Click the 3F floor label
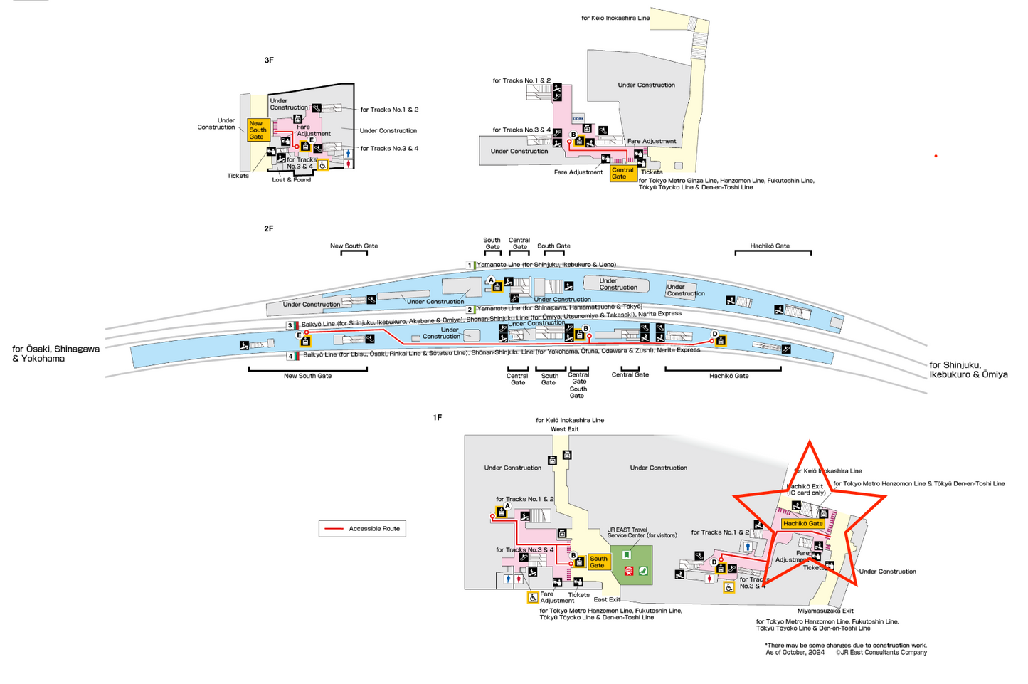point(269,60)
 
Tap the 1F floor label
point(438,417)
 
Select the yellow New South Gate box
point(257,130)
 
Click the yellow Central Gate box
point(622,173)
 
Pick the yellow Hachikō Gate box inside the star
point(802,523)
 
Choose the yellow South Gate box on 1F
point(598,562)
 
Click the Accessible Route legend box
point(362,528)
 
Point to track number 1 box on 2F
point(470,265)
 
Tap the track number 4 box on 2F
point(290,356)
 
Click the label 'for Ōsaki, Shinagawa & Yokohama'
point(55,354)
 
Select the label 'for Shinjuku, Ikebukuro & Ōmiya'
point(968,369)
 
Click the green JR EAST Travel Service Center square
point(631,565)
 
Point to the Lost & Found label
point(292,180)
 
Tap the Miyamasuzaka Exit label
point(825,611)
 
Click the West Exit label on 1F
point(565,429)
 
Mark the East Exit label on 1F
point(607,599)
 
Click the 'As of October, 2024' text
point(795,652)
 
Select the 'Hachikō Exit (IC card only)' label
point(805,490)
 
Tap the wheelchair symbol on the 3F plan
point(323,165)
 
